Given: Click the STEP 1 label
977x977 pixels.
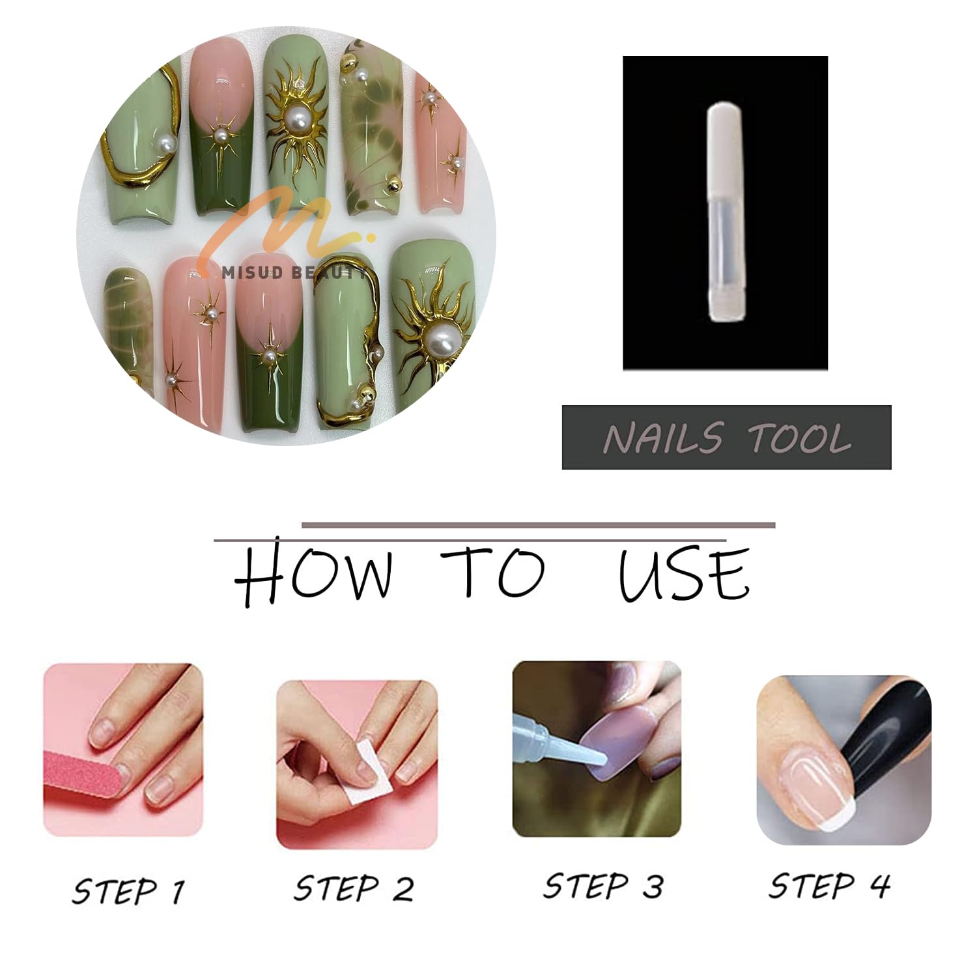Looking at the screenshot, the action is pyautogui.click(x=129, y=890).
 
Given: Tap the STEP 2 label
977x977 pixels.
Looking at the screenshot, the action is pyautogui.click(x=354, y=888).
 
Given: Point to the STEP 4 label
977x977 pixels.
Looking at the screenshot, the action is pyautogui.click(x=829, y=885).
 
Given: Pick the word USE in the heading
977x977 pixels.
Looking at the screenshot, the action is pyautogui.click(x=684, y=574).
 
